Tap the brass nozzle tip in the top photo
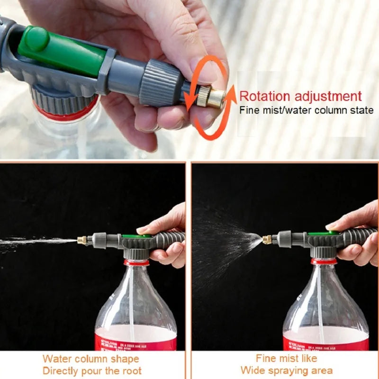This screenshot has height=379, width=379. coord(215,97)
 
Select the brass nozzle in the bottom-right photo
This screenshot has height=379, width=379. coord(267,240)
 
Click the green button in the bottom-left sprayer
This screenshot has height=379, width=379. coord(137,235)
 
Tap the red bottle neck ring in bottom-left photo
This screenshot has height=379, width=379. coord(136,262)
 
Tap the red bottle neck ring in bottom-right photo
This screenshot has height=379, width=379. coord(324,261)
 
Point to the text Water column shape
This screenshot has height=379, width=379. coord(91,359)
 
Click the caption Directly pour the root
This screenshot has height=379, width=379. coord(92,370)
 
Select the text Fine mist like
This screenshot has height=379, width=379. coord(286,359)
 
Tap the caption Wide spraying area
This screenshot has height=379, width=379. coord(286,370)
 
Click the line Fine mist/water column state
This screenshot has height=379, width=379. coord(306,110)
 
